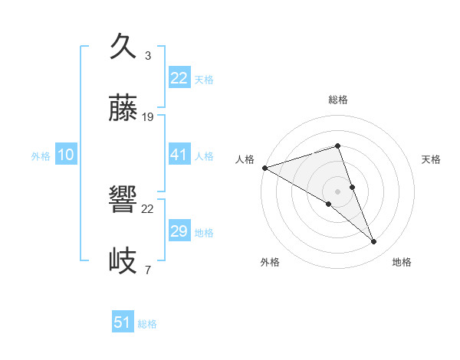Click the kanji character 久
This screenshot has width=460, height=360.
[x=123, y=47]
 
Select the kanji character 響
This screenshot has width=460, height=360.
[x=123, y=201]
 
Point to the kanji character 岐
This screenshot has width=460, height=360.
[x=123, y=261]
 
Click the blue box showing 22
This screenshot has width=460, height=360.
[x=179, y=78]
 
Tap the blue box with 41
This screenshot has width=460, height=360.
[x=179, y=155]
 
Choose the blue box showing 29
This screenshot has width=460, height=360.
[x=179, y=231]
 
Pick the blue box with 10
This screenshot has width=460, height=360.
[x=66, y=155]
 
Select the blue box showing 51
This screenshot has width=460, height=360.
[x=123, y=322]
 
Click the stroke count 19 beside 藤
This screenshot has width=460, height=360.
[x=148, y=117]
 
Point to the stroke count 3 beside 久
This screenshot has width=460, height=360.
[x=147, y=56]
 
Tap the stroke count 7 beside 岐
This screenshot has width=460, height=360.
[x=147, y=270]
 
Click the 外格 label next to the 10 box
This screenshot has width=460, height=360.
[x=41, y=155]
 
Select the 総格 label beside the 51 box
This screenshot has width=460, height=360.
[x=147, y=324]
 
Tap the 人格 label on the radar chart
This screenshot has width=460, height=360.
[x=245, y=159]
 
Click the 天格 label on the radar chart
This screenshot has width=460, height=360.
[x=431, y=159]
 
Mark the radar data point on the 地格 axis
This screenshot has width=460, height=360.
[x=374, y=242]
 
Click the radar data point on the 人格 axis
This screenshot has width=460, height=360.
[x=264, y=167]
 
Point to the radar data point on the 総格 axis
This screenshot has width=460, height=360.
[x=337, y=146]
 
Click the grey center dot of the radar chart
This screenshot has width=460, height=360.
[x=337, y=191]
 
